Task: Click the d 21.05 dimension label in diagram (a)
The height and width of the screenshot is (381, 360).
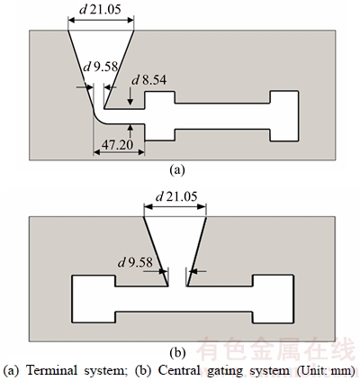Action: coord(100,10)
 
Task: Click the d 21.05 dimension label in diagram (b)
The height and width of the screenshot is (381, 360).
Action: coord(176,196)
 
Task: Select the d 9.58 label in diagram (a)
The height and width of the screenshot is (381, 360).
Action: coord(101,67)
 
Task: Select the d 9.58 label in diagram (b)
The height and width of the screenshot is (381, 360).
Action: coord(135,263)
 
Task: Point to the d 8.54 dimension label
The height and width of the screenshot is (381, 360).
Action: coord(149,80)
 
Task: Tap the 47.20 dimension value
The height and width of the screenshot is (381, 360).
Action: coord(117,145)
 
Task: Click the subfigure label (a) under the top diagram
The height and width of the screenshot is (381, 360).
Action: coord(177,170)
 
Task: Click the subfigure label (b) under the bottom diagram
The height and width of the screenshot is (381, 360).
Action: coord(177,352)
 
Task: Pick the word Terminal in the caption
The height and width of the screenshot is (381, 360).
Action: coord(51,370)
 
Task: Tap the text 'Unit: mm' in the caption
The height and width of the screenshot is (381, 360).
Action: coord(327,370)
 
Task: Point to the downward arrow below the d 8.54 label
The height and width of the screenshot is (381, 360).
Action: coord(130,96)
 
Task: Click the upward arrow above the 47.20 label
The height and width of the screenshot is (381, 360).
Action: coord(130,132)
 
